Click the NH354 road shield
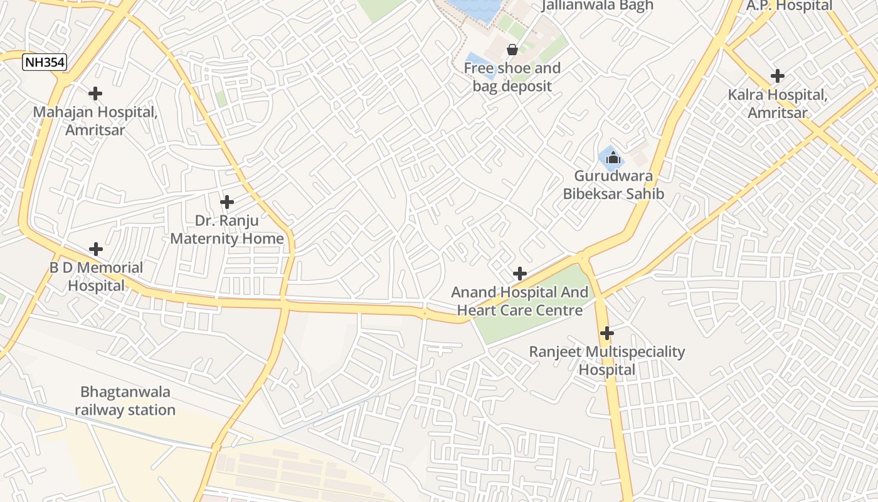[44, 62]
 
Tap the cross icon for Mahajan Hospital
[95, 93]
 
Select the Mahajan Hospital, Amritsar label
[95, 121]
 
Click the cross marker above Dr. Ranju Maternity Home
[227, 202]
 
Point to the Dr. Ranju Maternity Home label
[227, 230]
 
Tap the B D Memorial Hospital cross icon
[96, 249]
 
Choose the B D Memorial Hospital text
[97, 277]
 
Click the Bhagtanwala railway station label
[125, 401]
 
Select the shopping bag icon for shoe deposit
[512, 50]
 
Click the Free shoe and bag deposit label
[512, 77]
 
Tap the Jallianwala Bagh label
[597, 6]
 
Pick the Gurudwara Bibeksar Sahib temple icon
[613, 158]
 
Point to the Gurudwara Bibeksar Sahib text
[613, 185]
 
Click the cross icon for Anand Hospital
[520, 274]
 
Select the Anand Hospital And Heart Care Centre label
[520, 301]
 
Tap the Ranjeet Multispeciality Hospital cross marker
[606, 333]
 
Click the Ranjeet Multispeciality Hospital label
[607, 361]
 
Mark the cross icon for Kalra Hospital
[778, 76]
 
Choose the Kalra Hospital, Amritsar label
[778, 104]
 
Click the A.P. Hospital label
[789, 6]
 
